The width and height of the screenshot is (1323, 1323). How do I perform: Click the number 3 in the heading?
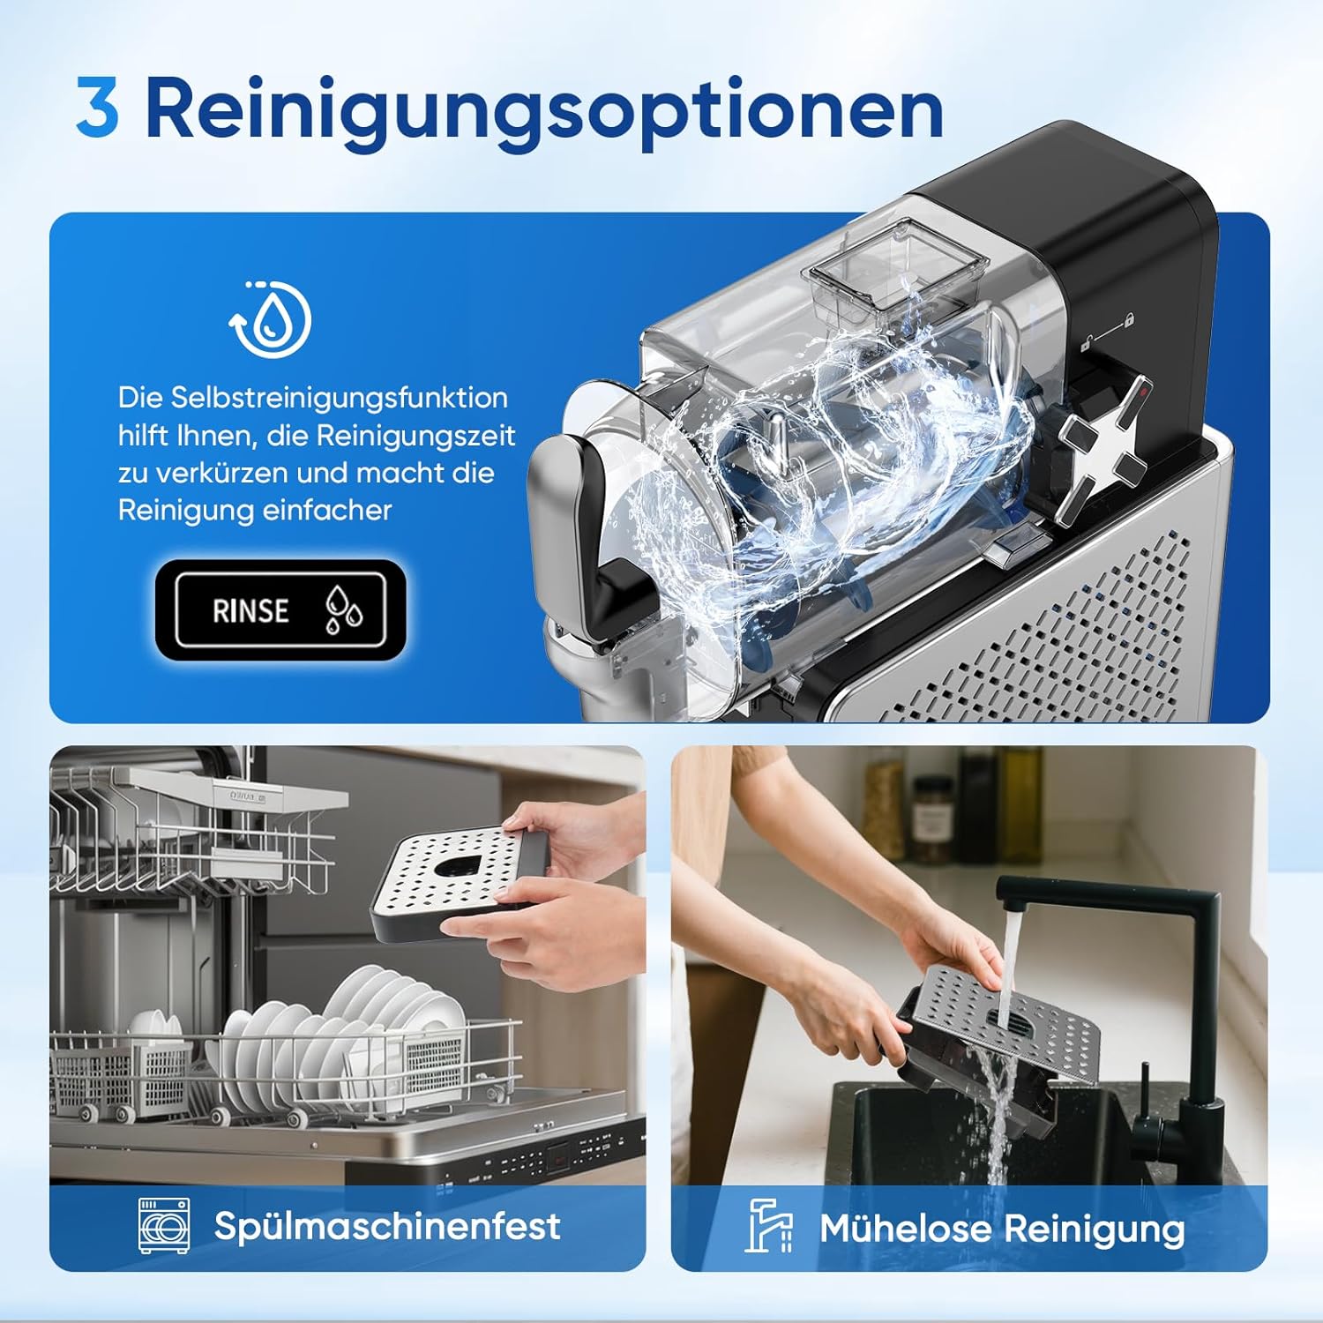[97, 108]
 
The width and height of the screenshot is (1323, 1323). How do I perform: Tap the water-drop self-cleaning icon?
[272, 319]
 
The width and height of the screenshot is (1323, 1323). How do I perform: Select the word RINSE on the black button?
[250, 610]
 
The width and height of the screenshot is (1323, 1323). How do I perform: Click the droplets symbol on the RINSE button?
[343, 610]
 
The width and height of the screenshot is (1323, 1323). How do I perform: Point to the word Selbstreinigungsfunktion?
[339, 398]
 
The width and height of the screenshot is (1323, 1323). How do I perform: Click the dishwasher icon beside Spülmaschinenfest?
[163, 1225]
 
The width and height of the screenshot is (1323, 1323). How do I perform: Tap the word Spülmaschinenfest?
[387, 1226]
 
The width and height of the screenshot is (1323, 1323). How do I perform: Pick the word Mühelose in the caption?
[905, 1228]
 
